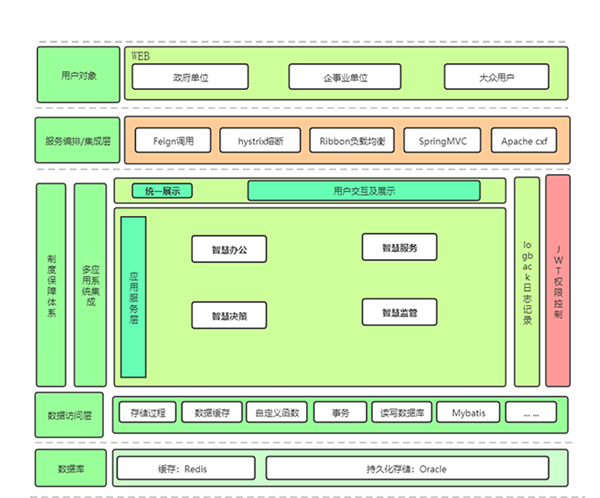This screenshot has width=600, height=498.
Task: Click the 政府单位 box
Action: coord(190,77)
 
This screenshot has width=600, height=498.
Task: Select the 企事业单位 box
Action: coord(345,77)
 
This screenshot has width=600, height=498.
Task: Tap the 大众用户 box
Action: coord(496,77)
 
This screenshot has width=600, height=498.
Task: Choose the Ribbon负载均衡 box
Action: coord(351,141)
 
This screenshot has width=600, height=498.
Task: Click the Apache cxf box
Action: coord(524,141)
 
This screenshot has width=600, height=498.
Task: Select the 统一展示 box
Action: coord(162,191)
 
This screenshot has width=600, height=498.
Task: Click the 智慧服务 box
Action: coord(399,248)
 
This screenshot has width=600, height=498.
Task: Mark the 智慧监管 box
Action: coord(399,313)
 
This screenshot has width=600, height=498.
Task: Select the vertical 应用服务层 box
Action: coord(134,297)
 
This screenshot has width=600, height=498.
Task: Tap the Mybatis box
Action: coord(468,412)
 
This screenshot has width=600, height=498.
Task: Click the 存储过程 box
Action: coord(147,412)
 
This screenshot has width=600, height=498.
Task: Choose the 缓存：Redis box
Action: coord(185,469)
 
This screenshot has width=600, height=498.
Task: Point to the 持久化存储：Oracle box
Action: coord(405,469)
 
